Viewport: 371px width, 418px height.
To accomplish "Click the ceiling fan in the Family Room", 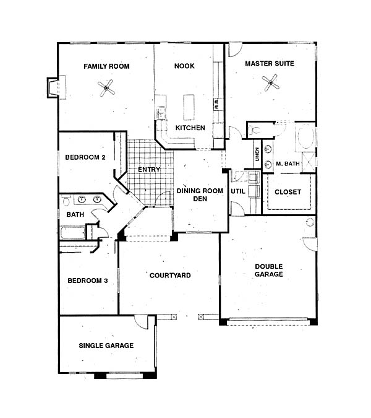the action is click(106, 88).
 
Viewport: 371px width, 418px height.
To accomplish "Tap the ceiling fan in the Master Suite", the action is click(271, 82).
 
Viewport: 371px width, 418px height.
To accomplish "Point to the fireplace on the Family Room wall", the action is click(56, 87).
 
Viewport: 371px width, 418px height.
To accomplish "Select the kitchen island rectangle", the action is click(189, 107).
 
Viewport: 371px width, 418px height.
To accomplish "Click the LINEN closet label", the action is click(257, 154).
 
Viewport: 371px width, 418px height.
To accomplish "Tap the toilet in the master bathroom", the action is click(254, 130).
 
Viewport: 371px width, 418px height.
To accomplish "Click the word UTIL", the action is click(238, 191).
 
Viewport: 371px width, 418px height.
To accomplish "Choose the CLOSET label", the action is click(288, 192).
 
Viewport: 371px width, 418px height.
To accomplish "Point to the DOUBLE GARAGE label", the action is click(269, 271).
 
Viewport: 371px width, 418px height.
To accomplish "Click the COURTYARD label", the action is click(170, 276).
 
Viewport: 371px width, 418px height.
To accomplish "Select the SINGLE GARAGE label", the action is click(106, 346).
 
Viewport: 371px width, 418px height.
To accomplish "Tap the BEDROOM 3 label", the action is click(88, 281).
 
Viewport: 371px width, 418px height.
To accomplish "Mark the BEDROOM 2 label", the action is click(85, 157).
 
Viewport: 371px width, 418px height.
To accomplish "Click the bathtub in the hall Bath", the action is click(73, 233).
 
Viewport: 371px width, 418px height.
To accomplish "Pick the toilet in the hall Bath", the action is click(66, 201).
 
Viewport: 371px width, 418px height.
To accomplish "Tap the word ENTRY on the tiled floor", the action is click(149, 170).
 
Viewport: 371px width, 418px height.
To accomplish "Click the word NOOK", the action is click(184, 66).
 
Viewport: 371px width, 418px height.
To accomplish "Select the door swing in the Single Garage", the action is click(141, 322).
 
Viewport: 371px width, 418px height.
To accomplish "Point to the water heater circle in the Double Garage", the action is click(310, 222).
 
